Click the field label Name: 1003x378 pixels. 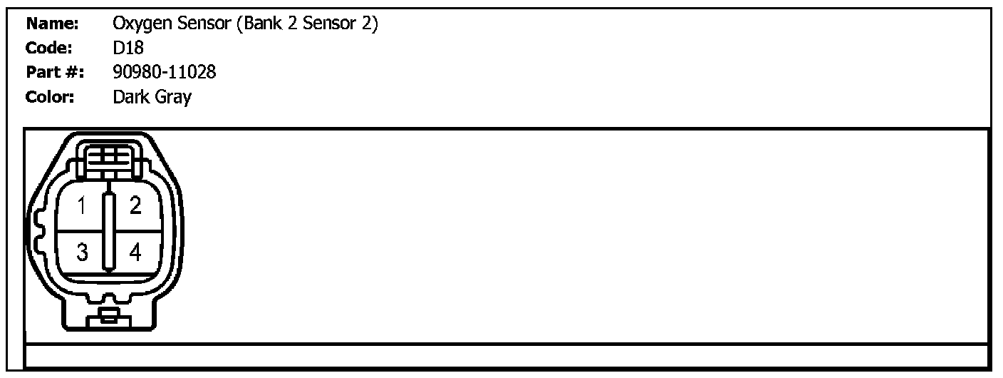point(52,24)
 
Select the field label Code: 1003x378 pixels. point(51,49)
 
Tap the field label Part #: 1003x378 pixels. point(55,73)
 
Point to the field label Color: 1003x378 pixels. point(51,98)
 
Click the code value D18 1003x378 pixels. point(128,49)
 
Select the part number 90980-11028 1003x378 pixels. point(165,73)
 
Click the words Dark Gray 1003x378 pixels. point(152,98)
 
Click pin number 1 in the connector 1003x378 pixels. point(82,207)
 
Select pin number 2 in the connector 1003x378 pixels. point(135,206)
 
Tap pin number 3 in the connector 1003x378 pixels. point(82,252)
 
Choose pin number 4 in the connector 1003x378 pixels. point(136,252)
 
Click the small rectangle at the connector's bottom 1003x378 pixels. point(109,316)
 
